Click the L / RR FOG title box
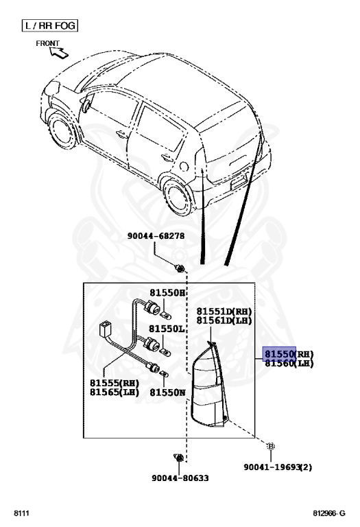[x=49, y=25]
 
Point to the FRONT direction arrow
[x=59, y=52]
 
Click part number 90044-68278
[x=156, y=236]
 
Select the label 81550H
[x=167, y=293]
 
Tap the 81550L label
[x=167, y=329]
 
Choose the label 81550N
[x=167, y=393]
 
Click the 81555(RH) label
[x=115, y=383]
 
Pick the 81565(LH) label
[x=115, y=392]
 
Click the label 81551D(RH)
[x=224, y=312]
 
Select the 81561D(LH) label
[x=224, y=320]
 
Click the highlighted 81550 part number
[x=279, y=353]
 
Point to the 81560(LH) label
[x=289, y=363]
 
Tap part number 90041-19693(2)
[x=278, y=467]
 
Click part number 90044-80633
[x=180, y=478]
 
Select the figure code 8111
[x=21, y=513]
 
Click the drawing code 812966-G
[x=329, y=513]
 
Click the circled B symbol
[x=270, y=446]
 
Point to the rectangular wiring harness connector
[x=104, y=329]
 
